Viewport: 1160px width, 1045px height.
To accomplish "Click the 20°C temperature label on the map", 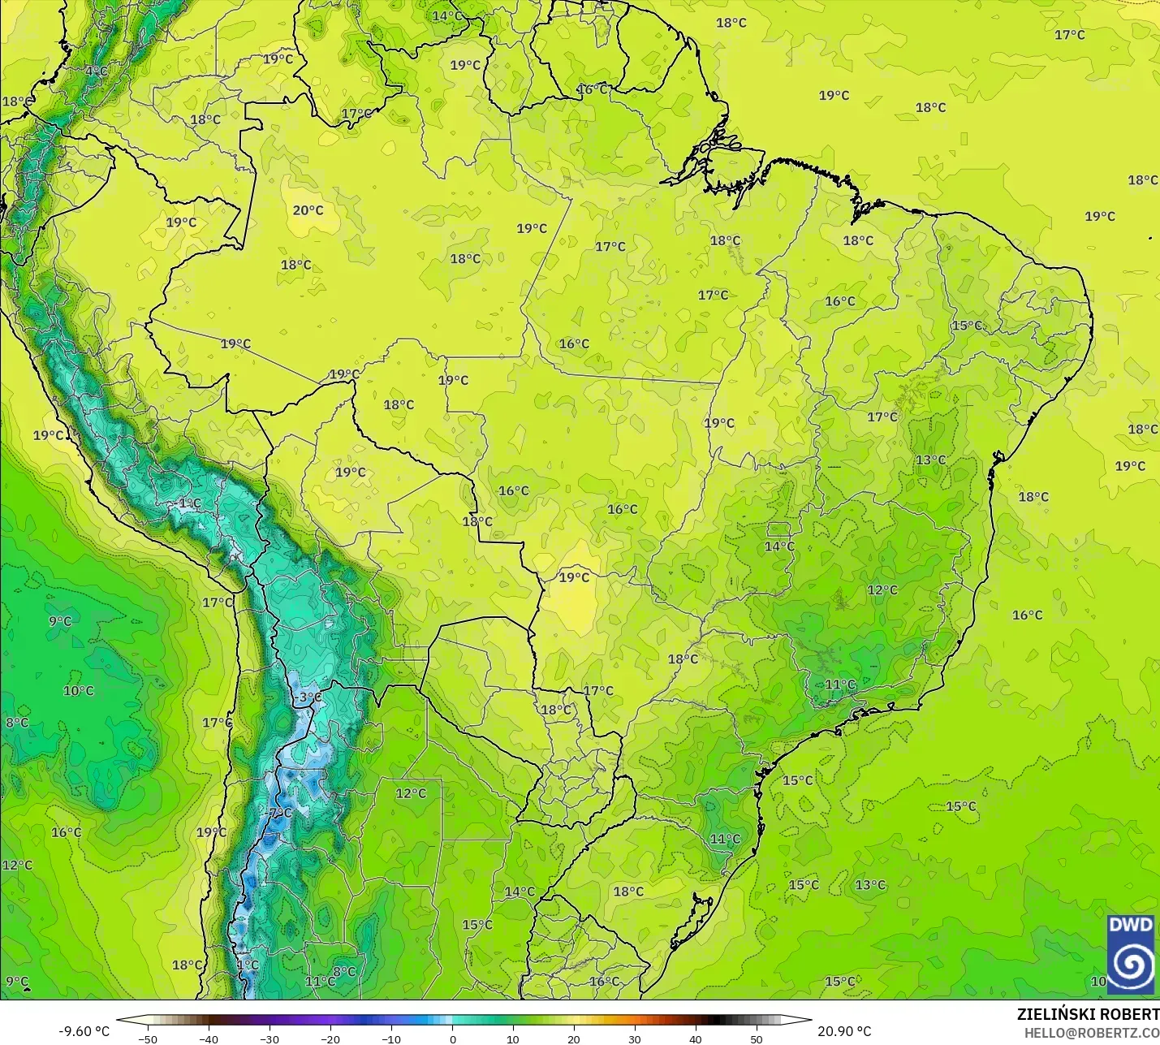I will pos(308,210).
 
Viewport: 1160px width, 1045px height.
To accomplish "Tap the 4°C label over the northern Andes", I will pos(96,71).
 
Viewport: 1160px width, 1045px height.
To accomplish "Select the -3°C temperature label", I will pos(308,697).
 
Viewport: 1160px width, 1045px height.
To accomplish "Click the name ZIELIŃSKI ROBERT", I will pos(1088,1014).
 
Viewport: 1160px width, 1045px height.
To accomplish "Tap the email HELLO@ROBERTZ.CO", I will pos(1091,1033).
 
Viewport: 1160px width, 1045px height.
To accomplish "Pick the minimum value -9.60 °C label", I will pos(84,1031).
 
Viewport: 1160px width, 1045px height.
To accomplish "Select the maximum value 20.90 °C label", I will pos(844,1031).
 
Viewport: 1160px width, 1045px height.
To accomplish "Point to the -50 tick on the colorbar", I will pos(148,1039).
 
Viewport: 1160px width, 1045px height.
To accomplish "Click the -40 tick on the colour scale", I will pos(209,1039).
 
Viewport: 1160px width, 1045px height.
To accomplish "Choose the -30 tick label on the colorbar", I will pos(270,1039).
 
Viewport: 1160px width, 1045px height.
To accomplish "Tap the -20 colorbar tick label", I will pos(330,1039).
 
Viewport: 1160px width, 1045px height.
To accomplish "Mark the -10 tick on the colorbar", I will pos(391,1039).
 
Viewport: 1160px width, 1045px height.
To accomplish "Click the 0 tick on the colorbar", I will pos(453,1039).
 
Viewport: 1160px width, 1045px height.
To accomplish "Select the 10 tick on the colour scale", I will pos(513,1039).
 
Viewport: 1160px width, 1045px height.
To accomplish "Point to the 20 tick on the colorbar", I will pos(574,1039).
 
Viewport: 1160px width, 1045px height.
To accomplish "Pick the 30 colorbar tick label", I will pos(635,1039).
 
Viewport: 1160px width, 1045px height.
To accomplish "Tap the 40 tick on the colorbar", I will pos(696,1039).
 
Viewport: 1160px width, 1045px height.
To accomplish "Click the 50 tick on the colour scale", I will pos(757,1039).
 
